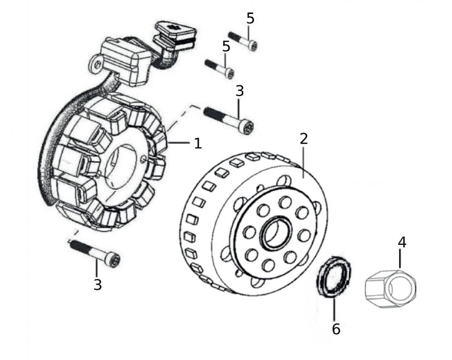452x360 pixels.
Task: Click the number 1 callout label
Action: [198, 143]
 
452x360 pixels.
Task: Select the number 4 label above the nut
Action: [402, 242]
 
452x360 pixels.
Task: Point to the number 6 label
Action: [336, 329]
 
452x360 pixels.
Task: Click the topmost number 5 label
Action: [250, 19]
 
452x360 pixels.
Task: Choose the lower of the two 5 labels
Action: [226, 46]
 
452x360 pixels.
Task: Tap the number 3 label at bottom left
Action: [98, 285]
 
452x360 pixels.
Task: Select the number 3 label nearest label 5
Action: [240, 91]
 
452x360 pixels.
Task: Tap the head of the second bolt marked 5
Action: [229, 72]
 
